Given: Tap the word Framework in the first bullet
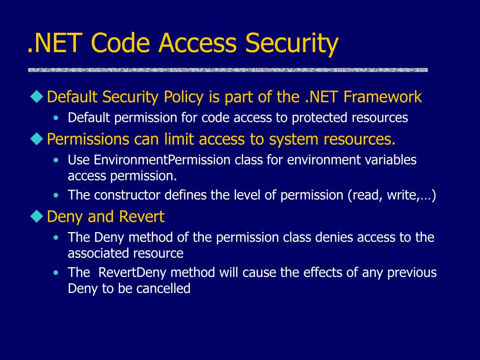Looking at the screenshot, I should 382,97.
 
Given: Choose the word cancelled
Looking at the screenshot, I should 163,288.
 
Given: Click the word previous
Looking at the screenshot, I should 412,272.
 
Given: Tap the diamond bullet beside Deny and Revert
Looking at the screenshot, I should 37,216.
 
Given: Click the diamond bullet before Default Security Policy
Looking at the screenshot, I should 37,97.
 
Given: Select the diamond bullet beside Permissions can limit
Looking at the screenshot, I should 37,139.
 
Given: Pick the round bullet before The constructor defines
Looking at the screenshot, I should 56,195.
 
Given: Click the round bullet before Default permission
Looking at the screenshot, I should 56,118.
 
